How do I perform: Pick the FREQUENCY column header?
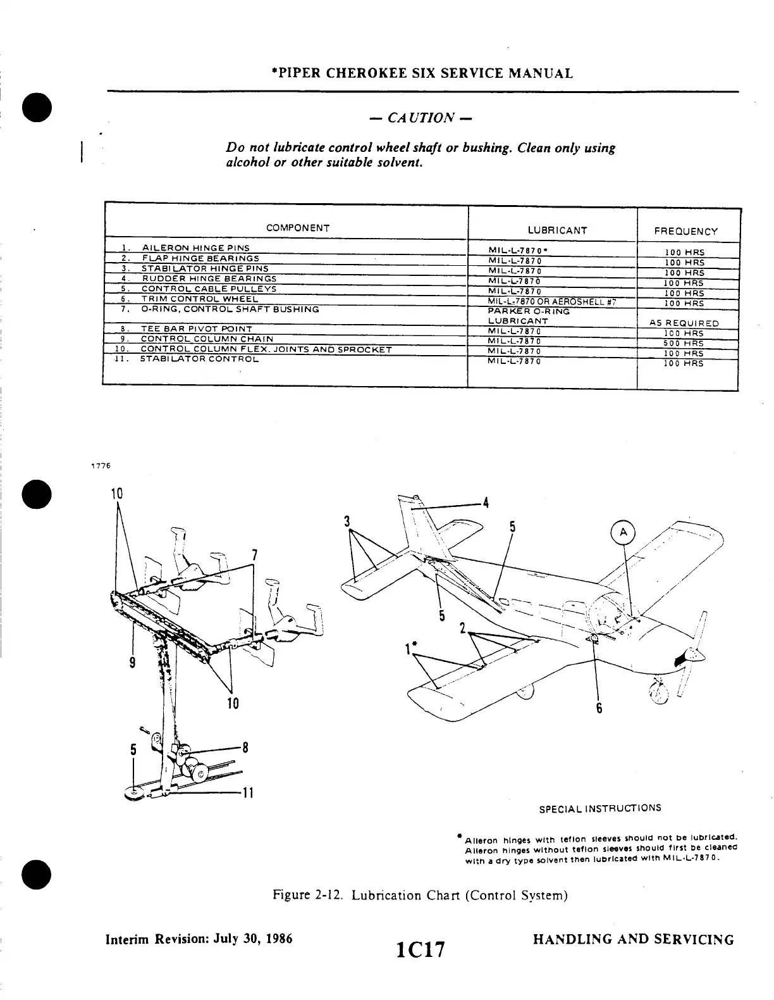pos(686,232)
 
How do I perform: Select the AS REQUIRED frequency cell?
pos(684,323)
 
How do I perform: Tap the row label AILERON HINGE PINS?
pos(195,247)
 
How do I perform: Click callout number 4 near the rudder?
pos(486,504)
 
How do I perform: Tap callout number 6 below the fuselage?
pos(599,708)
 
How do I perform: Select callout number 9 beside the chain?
pos(132,663)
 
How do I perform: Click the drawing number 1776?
pos(101,466)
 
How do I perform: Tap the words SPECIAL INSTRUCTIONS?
pos(600,808)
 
